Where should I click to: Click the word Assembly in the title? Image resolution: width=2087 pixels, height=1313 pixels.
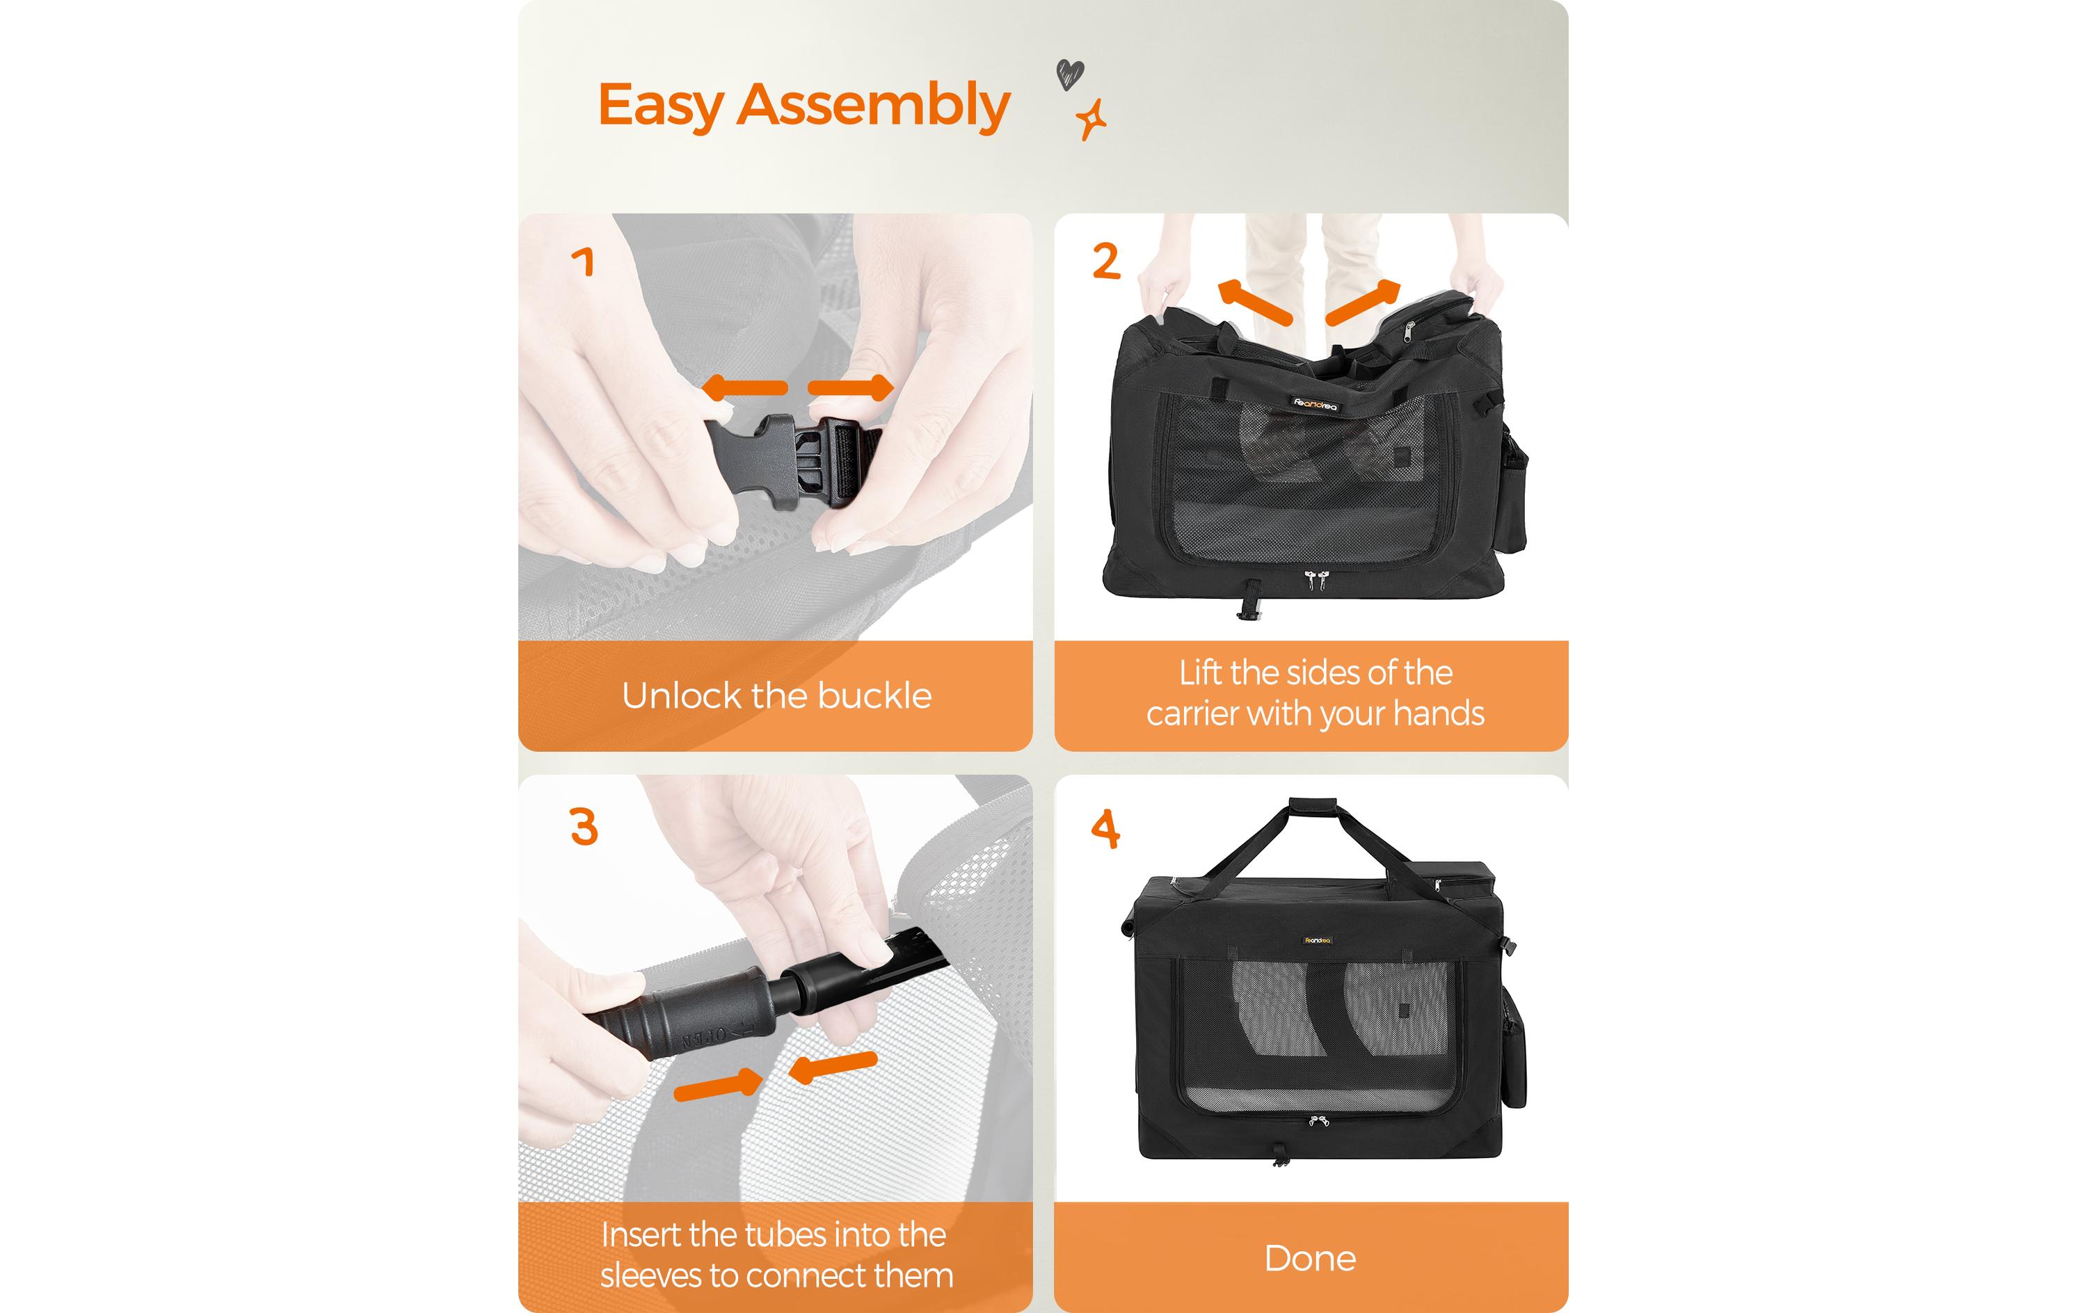[x=874, y=106]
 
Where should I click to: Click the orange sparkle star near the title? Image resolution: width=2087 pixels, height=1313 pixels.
[x=1092, y=120]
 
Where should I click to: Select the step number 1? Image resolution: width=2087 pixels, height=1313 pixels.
[x=583, y=261]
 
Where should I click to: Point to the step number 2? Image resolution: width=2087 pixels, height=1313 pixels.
[x=1106, y=261]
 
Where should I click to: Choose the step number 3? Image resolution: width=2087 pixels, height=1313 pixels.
[x=584, y=826]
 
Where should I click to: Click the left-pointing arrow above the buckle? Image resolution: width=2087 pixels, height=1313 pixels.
[x=744, y=387]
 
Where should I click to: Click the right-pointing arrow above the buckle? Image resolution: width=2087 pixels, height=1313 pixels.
[x=850, y=387]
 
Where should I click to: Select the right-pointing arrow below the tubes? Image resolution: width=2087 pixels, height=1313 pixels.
[x=719, y=1084]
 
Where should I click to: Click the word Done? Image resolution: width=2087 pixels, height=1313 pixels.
[x=1309, y=1257]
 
